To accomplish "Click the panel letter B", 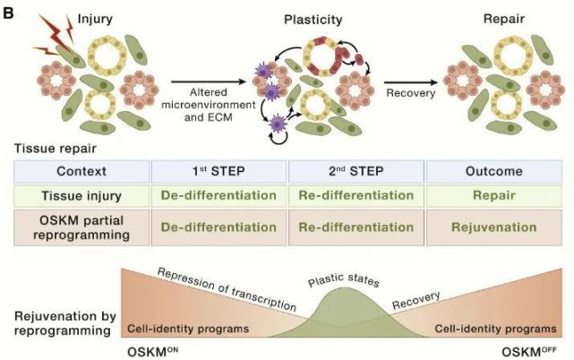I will point(8,12).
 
